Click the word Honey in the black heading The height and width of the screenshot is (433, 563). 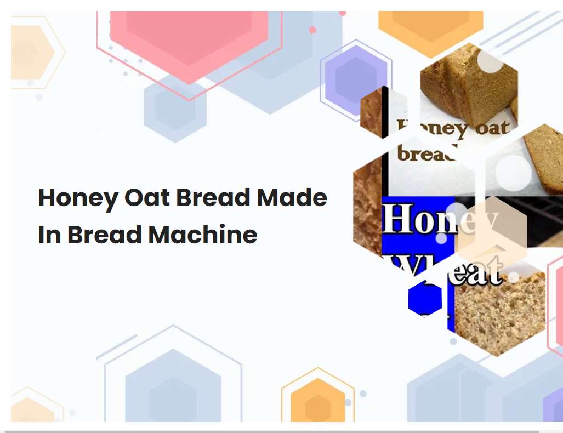click(x=77, y=198)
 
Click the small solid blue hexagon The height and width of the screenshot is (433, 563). click(x=425, y=298)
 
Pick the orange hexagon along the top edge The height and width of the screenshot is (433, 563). click(x=430, y=25)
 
